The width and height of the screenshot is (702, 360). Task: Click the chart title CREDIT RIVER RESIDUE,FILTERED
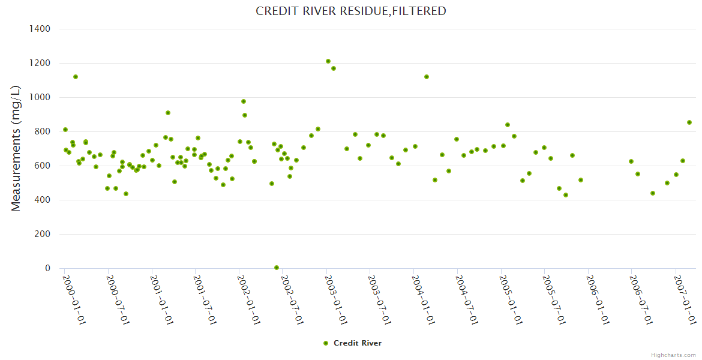point(351,11)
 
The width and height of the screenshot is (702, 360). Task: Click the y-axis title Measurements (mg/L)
point(16,148)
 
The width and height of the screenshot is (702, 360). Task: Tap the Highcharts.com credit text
point(673,355)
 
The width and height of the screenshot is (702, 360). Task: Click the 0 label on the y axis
point(47,268)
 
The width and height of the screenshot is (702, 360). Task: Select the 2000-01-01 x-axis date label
point(74,299)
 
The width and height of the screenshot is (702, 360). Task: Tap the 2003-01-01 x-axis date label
point(335,299)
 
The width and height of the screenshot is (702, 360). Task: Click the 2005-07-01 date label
point(553,299)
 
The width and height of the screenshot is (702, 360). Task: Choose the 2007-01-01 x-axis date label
point(685,299)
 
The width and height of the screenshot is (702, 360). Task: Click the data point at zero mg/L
point(277,268)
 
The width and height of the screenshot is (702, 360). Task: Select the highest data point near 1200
point(328,61)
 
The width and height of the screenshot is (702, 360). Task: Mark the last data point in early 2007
point(689,122)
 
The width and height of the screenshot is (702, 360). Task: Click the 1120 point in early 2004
point(427,77)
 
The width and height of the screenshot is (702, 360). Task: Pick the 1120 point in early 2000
point(76,77)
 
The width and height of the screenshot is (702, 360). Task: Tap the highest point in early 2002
point(244,101)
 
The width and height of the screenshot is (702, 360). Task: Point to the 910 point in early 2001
point(168,113)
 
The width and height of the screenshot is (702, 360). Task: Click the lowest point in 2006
point(653,193)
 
